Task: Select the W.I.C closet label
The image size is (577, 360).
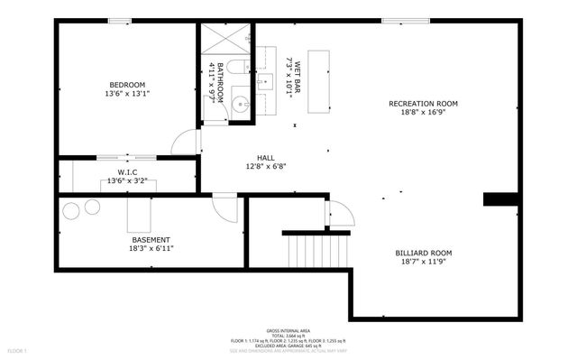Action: pos(127,171)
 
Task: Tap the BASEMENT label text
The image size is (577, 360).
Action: pos(151,239)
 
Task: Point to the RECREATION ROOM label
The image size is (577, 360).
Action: pos(423,104)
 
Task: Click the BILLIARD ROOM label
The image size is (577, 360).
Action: pos(423,253)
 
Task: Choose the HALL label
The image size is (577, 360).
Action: pos(265,157)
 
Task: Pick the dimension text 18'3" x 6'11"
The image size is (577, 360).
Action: pos(151,248)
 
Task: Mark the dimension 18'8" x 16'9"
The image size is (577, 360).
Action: pos(423,114)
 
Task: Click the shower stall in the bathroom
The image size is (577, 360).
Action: pos(220,40)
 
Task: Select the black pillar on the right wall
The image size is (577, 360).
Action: pos(500,199)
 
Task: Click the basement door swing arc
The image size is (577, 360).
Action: pos(224,206)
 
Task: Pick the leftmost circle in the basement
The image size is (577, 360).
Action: pos(70,212)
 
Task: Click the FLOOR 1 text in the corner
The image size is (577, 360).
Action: pos(18,349)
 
